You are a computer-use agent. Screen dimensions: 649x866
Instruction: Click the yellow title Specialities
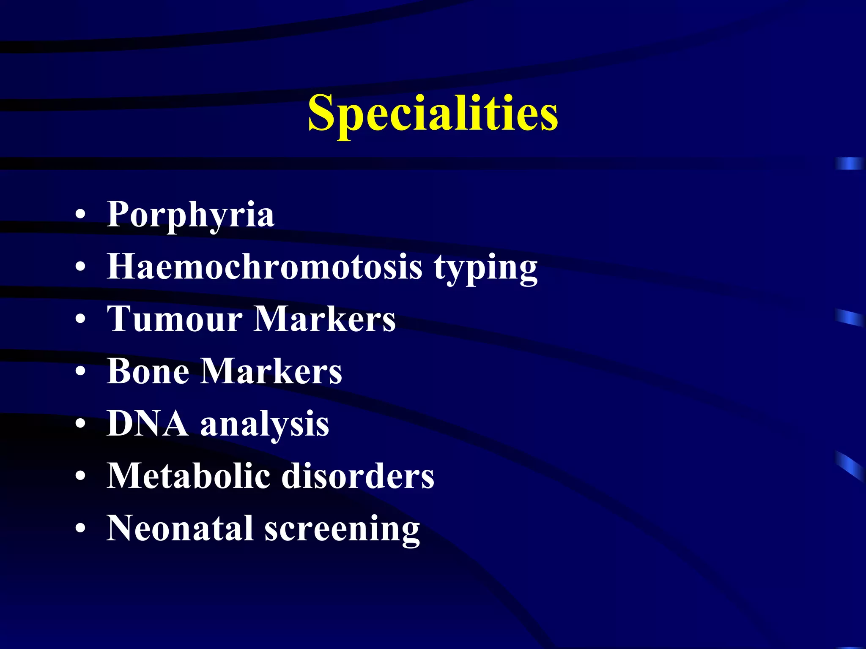(433, 113)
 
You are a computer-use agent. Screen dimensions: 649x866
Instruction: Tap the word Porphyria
(190, 215)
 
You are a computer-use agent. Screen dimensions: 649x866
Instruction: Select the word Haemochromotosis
(265, 267)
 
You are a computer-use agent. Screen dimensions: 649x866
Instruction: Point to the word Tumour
(175, 319)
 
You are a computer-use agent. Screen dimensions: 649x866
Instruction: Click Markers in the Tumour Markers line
(325, 319)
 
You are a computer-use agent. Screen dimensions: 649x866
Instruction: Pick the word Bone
(148, 371)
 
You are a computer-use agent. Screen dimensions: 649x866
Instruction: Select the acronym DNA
(148, 424)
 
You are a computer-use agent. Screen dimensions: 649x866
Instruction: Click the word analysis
(265, 425)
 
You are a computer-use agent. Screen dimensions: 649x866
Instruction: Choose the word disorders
(358, 476)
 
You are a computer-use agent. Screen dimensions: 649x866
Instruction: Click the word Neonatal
(180, 529)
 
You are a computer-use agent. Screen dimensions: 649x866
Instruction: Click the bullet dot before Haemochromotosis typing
(80, 268)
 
